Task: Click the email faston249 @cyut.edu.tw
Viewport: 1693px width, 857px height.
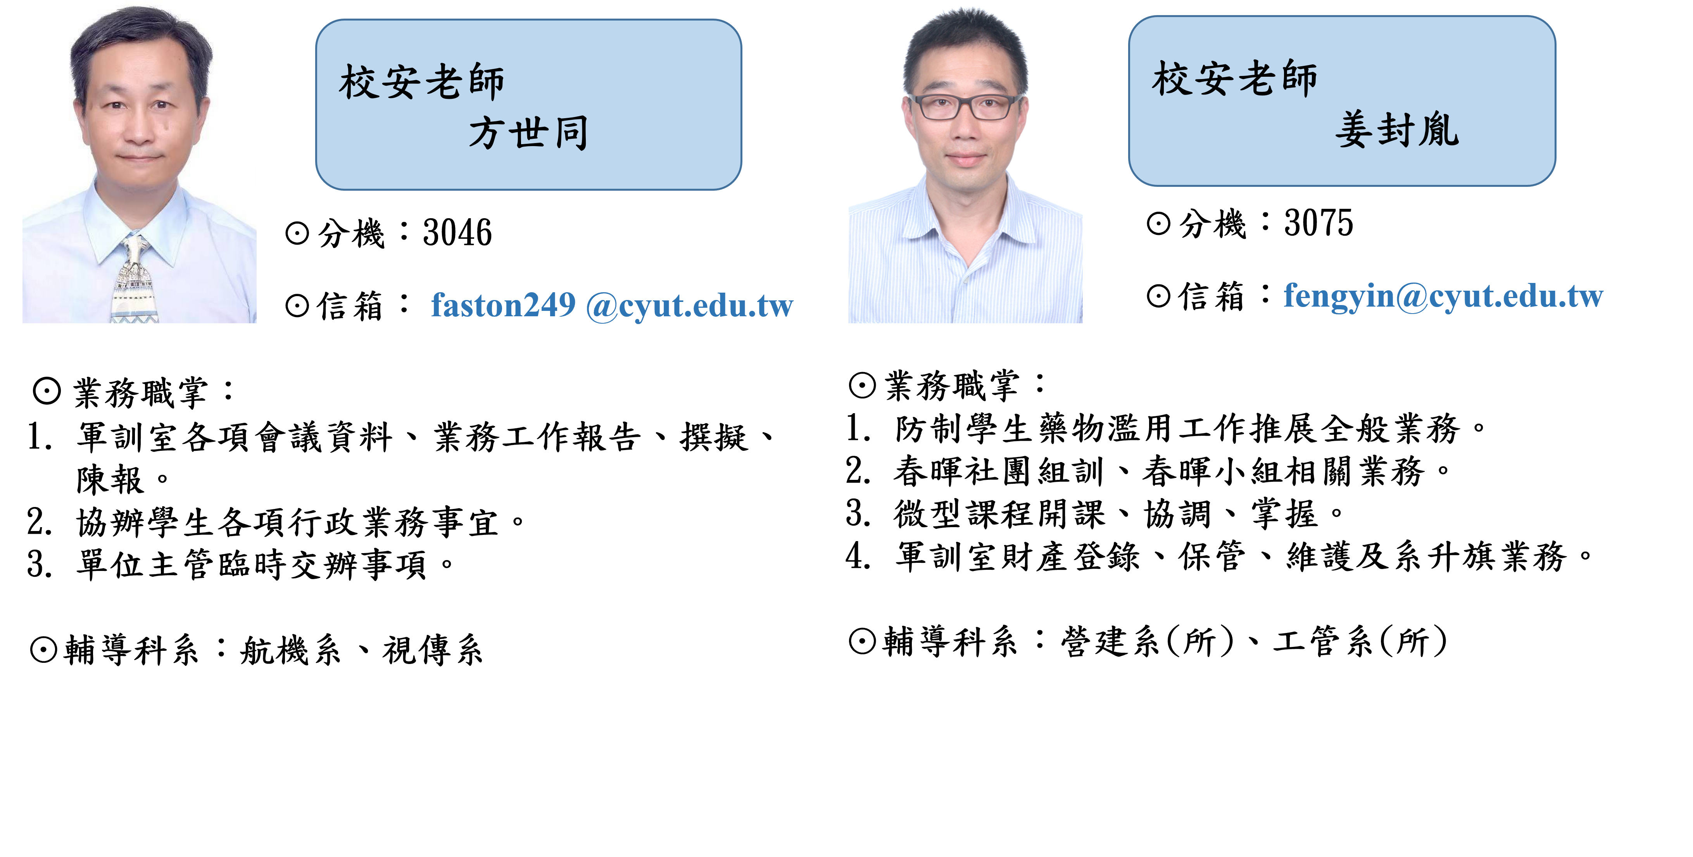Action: pos(612,305)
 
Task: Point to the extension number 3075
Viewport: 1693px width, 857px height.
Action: pos(1319,223)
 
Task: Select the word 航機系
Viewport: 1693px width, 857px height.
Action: pos(290,651)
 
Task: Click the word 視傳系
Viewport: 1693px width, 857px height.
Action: pos(433,651)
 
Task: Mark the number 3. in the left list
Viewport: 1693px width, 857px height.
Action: pos(40,564)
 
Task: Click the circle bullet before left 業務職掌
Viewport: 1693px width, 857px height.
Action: pos(47,392)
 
